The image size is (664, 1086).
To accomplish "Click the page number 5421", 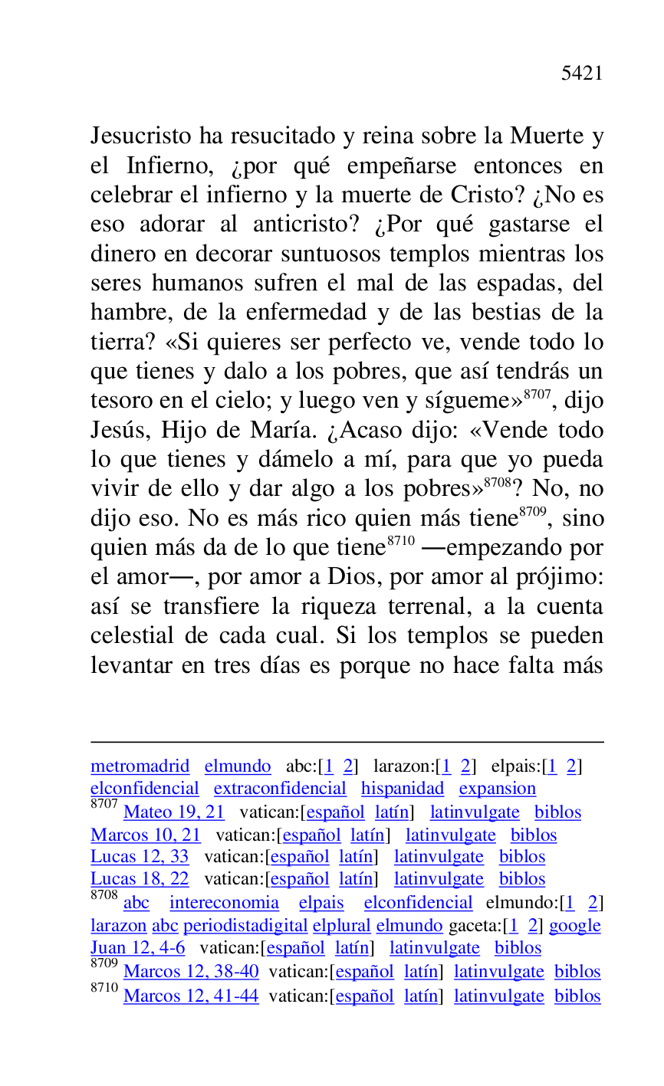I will click(582, 74).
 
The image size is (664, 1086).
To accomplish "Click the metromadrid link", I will click(140, 766).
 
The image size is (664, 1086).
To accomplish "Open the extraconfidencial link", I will click(280, 789).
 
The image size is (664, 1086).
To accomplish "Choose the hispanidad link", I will click(403, 789).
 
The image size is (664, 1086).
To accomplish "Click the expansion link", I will click(497, 789).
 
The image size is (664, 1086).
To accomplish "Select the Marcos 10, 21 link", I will click(145, 835).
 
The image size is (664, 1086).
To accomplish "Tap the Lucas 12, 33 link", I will click(140, 857).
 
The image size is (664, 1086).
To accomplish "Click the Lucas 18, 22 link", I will click(140, 879).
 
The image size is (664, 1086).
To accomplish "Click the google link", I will click(574, 926).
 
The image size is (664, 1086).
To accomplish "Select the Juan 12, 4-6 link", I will click(137, 948).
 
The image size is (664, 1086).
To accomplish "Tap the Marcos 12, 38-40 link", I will click(191, 972).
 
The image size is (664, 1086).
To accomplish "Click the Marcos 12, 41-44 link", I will click(191, 996).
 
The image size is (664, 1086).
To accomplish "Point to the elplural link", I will click(341, 926).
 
